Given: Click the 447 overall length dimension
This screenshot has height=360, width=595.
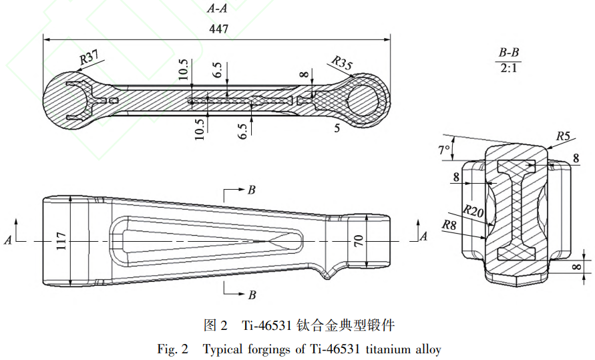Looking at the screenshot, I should [x=218, y=29].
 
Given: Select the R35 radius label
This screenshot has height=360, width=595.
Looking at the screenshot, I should [x=341, y=63].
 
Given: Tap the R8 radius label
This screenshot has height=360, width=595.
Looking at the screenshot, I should [x=449, y=225].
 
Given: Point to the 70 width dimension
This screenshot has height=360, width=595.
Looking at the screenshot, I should [x=359, y=240].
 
